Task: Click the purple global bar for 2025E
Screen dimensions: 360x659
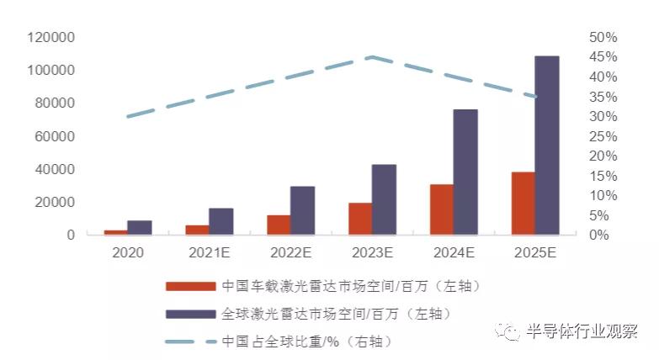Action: [x=546, y=145]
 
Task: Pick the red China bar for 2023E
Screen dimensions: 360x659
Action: [x=359, y=219]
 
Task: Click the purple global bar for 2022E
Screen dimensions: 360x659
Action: [x=302, y=210]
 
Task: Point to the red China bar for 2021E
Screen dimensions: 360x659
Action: [x=197, y=230]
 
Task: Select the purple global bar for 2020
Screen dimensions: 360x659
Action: [x=140, y=227]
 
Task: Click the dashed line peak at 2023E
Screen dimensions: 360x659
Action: [x=372, y=57]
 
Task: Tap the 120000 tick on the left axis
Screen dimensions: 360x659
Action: [x=51, y=37]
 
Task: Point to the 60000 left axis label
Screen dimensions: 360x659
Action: [x=55, y=136]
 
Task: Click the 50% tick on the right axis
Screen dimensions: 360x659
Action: [x=603, y=37]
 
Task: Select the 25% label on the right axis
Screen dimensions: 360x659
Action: [x=603, y=136]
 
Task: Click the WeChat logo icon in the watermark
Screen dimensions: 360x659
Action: [x=510, y=331]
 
